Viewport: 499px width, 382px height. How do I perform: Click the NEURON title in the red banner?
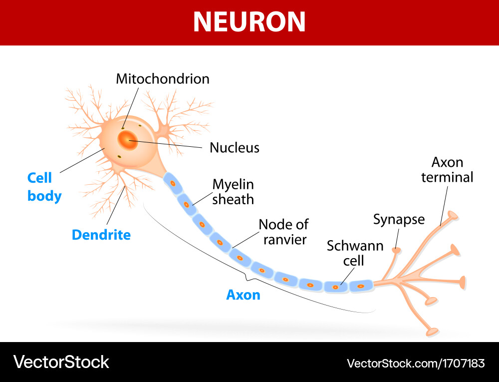tap(249, 21)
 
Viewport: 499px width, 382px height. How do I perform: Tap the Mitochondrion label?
tap(163, 79)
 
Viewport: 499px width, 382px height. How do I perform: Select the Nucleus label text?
tap(235, 147)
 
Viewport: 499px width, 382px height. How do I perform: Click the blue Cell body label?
tap(44, 187)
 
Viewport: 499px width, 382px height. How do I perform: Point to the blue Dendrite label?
tap(101, 235)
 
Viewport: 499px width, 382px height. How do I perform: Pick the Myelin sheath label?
tap(233, 192)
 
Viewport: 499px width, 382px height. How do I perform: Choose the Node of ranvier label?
tap(283, 232)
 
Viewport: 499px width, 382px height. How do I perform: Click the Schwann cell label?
tap(348, 253)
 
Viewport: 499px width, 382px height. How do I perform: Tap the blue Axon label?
tap(244, 295)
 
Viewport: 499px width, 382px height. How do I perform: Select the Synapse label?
tap(399, 219)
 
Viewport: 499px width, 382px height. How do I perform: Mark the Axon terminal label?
tap(447, 170)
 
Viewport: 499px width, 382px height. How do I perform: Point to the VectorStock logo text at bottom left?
tap(61, 362)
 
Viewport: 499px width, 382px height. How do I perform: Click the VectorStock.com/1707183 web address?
tap(416, 363)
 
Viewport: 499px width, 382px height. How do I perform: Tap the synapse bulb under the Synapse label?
tap(397, 249)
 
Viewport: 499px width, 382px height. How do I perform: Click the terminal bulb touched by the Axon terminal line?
tap(453, 215)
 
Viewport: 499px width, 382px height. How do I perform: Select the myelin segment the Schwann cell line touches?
tap(335, 287)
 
